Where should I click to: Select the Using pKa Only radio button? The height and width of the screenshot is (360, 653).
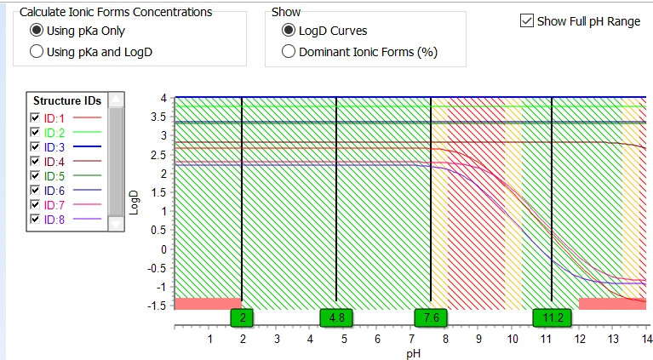click(37, 31)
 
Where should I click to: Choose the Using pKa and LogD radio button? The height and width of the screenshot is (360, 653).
click(37, 52)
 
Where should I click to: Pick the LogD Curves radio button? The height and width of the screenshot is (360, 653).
click(288, 31)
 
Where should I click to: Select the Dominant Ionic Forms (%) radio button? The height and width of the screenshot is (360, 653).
click(288, 52)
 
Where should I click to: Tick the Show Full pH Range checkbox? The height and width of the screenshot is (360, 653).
click(527, 20)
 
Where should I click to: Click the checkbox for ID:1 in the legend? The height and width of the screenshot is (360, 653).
click(35, 117)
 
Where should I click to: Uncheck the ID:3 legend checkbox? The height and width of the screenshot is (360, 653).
click(35, 147)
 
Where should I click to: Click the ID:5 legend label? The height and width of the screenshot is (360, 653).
click(54, 176)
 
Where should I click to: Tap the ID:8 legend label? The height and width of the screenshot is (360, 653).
click(54, 220)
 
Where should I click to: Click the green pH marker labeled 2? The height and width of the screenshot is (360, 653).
click(242, 318)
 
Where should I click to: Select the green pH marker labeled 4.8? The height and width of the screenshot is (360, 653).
click(336, 318)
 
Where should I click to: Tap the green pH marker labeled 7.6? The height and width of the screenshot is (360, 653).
click(431, 318)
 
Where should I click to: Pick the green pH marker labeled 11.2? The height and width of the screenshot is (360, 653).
click(553, 318)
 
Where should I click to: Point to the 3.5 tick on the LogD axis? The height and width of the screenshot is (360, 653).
click(158, 117)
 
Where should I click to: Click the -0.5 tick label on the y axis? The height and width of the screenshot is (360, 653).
click(157, 268)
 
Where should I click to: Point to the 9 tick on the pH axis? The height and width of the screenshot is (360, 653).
click(479, 340)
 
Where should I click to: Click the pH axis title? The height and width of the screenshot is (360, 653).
click(414, 354)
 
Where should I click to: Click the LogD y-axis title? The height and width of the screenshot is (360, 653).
click(134, 203)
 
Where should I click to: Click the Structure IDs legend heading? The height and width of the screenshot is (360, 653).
click(67, 100)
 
